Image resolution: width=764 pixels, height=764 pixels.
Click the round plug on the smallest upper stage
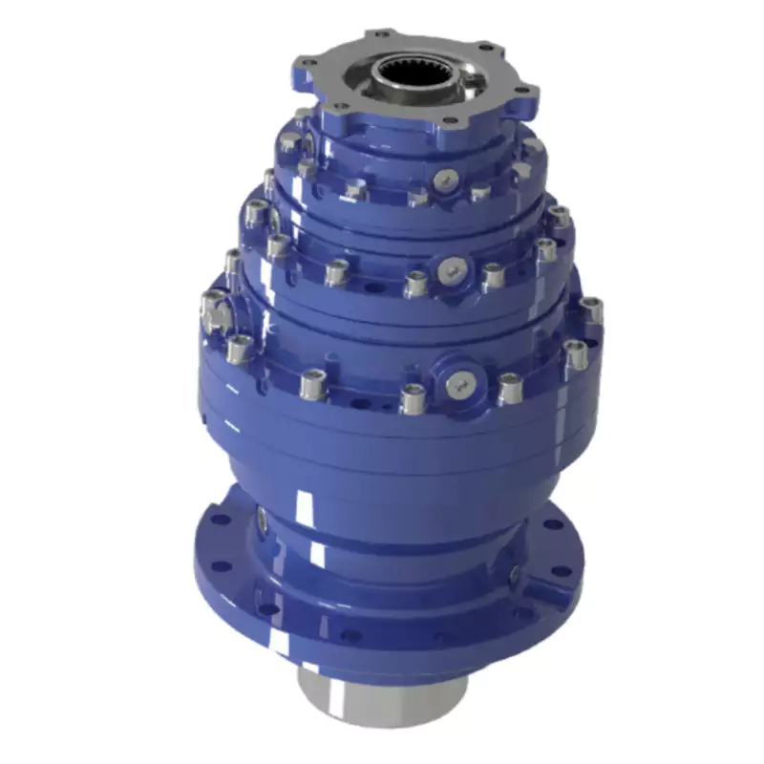tap(447, 178)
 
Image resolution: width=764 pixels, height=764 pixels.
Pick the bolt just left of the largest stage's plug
tap(412, 395)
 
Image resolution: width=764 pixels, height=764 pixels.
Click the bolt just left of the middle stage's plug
tap(415, 283)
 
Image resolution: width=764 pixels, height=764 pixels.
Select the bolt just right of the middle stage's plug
tap(492, 276)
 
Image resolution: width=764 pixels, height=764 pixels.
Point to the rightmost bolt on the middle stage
tap(560, 218)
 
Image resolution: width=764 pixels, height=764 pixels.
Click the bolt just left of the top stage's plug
tap(417, 196)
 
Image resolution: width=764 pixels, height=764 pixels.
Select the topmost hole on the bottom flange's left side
tap(221, 521)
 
